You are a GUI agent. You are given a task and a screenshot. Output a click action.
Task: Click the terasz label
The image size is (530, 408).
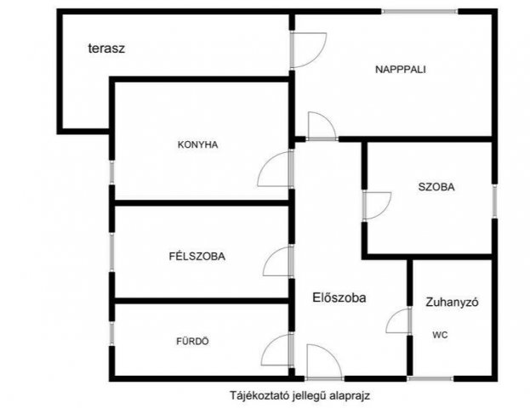(106, 48)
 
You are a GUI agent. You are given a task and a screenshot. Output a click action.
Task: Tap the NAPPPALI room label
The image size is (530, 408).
(400, 70)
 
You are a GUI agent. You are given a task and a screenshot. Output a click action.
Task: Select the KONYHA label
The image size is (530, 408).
(198, 144)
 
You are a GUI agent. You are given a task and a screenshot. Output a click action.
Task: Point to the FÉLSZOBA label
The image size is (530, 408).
(197, 256)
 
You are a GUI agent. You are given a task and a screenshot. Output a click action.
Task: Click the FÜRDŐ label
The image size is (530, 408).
(192, 341)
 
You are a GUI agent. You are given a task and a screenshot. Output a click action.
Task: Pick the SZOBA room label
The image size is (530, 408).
(436, 187)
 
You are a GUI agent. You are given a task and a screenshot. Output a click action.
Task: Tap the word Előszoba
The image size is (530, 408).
(339, 297)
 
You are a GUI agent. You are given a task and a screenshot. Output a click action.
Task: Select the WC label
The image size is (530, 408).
(440, 335)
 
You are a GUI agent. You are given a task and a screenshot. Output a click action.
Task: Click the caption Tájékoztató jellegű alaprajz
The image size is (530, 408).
(299, 395)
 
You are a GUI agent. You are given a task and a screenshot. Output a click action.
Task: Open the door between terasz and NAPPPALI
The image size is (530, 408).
(306, 48)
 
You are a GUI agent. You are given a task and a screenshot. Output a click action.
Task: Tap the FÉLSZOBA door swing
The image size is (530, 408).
(278, 261)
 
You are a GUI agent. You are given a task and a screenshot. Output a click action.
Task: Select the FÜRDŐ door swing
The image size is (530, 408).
(278, 349)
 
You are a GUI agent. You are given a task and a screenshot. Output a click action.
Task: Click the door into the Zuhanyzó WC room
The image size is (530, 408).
(398, 321)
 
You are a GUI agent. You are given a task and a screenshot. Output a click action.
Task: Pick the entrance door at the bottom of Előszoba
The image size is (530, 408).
(323, 362)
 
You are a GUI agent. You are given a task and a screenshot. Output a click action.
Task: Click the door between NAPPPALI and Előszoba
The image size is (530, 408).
(322, 126)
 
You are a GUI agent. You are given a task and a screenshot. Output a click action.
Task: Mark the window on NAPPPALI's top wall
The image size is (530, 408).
(419, 11)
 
